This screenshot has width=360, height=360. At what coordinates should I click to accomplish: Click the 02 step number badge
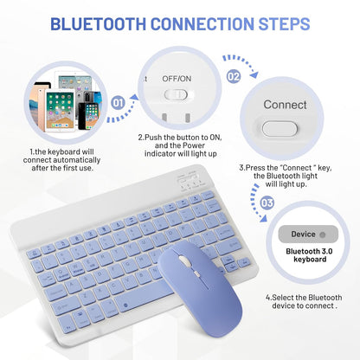point(234,75)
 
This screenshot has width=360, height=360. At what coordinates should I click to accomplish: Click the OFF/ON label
point(177,79)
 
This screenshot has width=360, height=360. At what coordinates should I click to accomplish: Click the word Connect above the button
point(286,105)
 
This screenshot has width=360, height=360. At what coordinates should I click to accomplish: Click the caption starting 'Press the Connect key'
point(286,176)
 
